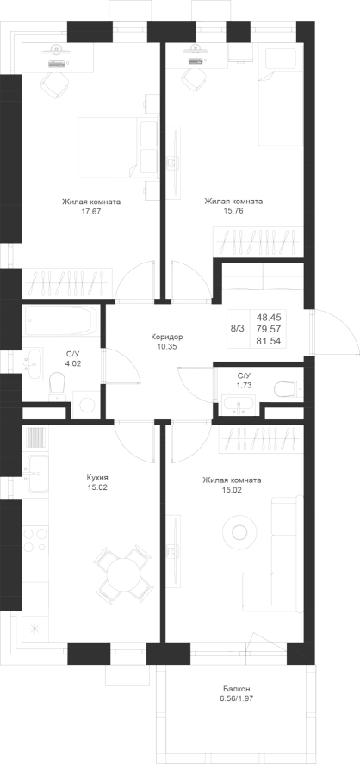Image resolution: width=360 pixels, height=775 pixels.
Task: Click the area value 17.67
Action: [91, 211]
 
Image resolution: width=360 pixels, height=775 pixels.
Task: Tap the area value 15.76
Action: [234, 211]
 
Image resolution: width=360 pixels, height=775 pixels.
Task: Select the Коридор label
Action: [167, 337]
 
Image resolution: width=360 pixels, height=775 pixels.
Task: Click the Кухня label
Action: [97, 478]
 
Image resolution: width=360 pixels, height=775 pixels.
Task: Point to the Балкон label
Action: [236, 689]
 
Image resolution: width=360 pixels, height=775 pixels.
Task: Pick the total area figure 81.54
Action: [269, 340]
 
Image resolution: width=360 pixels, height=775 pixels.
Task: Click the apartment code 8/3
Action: [238, 328]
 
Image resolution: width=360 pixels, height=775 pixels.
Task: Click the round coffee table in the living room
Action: [239, 532]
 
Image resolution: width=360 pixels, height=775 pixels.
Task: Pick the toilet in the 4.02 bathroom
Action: [57, 387]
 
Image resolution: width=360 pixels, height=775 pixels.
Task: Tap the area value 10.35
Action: [167, 346]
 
